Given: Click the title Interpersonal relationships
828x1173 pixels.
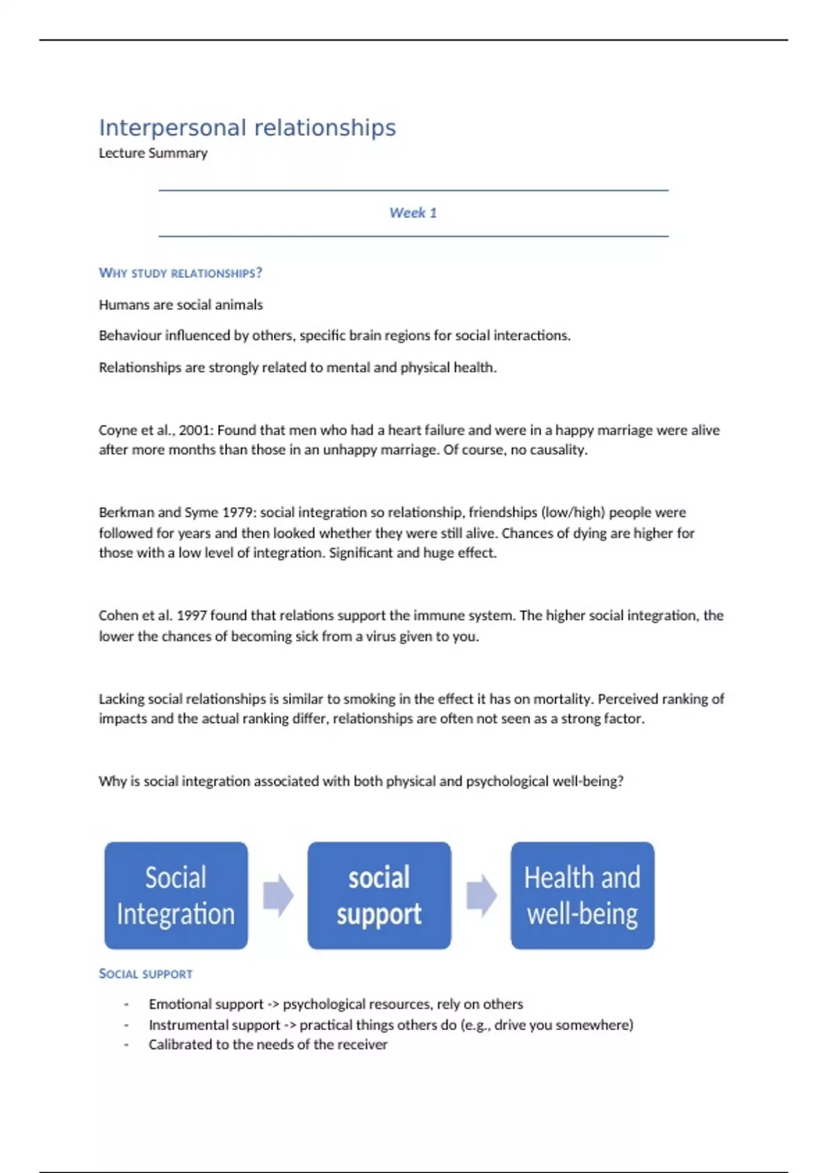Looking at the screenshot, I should pos(247,128).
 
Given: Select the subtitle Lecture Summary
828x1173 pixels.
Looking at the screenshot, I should pos(152,153).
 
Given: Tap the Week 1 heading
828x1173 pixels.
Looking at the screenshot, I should pos(413,213).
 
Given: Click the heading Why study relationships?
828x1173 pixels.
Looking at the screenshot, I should pos(180,273).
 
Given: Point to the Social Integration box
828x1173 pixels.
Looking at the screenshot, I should pos(176,895).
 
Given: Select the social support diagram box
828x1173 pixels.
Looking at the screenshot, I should pos(379,895).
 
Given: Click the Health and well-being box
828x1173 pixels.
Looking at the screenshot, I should pos(582,895).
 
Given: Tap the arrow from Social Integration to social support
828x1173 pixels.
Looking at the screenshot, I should pos(278,895).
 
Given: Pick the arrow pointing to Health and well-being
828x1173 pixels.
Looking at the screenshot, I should pos(481,895).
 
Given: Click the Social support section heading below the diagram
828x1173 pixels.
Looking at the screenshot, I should pos(146,974).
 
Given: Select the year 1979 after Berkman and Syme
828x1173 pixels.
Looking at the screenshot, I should pos(237,513).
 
